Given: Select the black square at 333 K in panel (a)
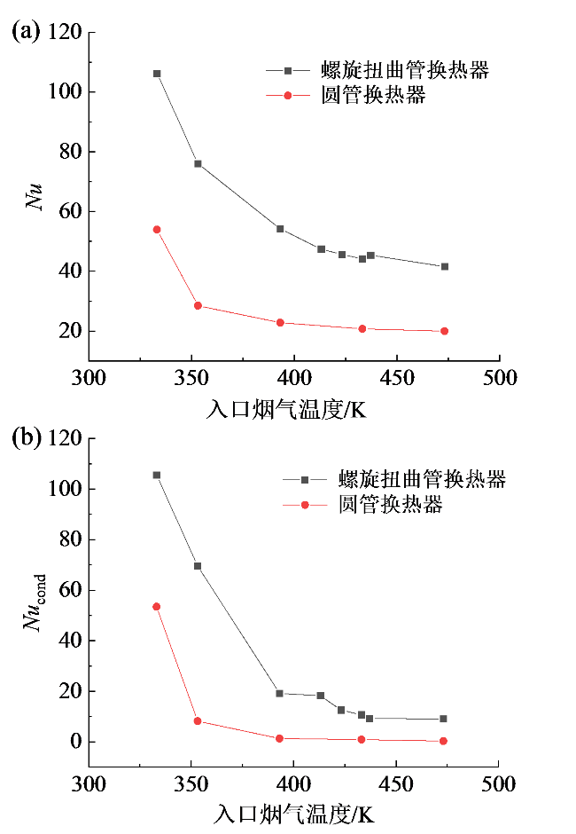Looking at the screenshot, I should tap(157, 74).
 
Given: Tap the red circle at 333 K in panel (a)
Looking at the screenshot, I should tap(157, 229).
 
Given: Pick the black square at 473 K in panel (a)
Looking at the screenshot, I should tap(445, 266).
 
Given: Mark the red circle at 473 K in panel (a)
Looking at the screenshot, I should tap(445, 331).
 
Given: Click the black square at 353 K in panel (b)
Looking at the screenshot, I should tap(198, 566).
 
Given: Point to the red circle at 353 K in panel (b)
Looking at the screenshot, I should tap(198, 721).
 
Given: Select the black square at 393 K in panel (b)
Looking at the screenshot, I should tap(280, 693).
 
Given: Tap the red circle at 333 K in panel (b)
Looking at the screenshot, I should tap(157, 607).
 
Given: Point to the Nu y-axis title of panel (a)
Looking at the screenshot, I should tap(33, 197).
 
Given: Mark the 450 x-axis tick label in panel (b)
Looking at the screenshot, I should tap(394, 785).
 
